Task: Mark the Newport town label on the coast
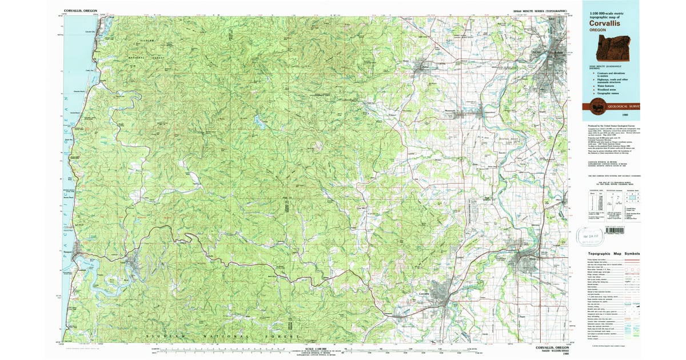point(66,250)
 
